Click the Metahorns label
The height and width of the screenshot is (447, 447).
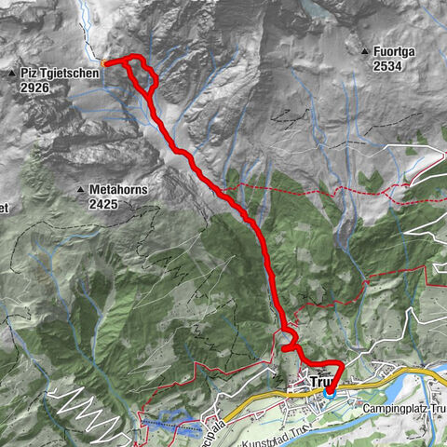point(119,189)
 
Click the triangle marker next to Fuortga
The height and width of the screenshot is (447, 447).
point(364,50)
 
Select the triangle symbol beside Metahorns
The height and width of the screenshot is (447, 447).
point(81,190)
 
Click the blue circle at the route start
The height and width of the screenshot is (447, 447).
point(331,392)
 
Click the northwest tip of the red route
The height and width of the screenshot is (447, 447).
point(104,63)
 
